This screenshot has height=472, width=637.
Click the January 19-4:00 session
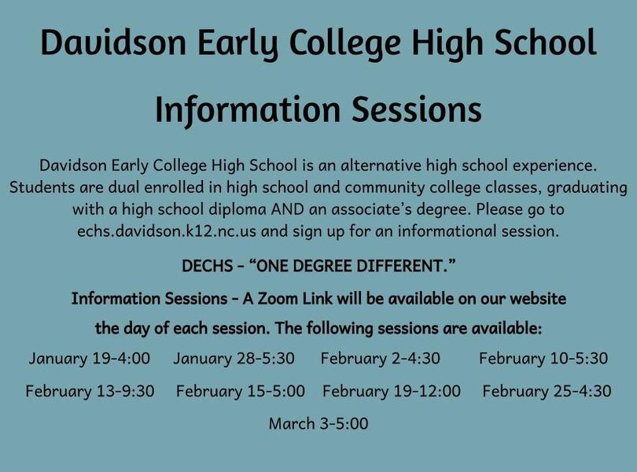[90, 359]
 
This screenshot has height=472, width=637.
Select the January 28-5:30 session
[234, 359]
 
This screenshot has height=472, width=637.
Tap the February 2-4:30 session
[381, 359]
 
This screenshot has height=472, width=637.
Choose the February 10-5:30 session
[543, 359]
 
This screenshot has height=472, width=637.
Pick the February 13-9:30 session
[90, 391]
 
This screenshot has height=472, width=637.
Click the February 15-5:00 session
[241, 391]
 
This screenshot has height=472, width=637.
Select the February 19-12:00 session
[392, 391]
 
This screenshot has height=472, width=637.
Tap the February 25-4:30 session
[547, 391]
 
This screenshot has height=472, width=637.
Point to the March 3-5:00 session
[318, 424]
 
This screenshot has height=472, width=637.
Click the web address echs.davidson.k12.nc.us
[167, 231]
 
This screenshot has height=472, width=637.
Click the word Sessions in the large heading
[416, 109]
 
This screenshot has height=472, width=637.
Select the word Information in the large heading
[248, 111]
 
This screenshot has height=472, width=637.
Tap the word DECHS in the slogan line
[207, 267]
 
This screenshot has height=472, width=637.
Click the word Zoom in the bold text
[278, 299]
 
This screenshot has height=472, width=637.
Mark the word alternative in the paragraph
[381, 165]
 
